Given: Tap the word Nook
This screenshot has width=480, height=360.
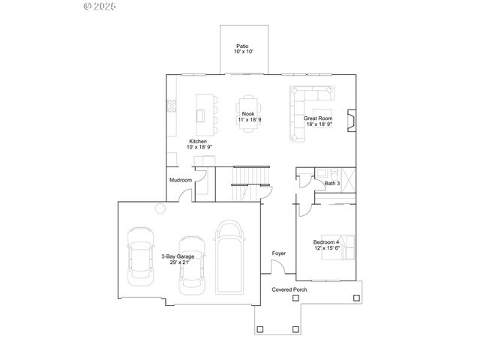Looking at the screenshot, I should point(247,113).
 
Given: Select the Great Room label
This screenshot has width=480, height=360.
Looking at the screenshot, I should point(317,118).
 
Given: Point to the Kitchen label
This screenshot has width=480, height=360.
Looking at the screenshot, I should point(197,141).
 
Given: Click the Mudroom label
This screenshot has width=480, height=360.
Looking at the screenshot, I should point(181,180).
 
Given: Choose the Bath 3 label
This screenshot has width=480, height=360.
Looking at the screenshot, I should point(332,183).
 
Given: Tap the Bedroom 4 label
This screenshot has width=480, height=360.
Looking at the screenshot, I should point(326,242).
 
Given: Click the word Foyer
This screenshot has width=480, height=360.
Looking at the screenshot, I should point(278,253).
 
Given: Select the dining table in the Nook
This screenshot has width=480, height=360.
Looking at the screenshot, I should point(247,112).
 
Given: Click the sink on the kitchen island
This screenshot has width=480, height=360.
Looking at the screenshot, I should point(201,115).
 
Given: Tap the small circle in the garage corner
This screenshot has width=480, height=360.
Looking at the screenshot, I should point(160,208).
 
